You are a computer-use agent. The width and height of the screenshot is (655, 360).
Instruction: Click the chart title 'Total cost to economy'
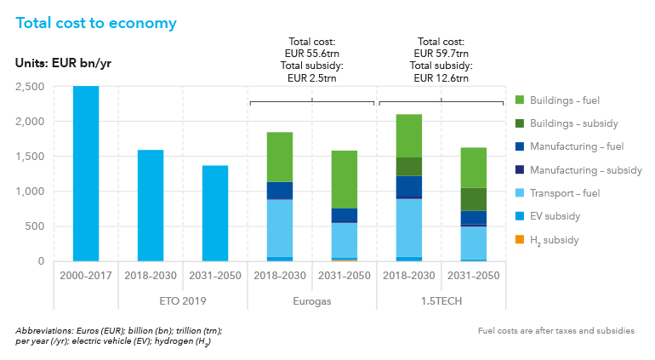coord(96,23)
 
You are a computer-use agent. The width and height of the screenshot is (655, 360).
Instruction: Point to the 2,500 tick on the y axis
coord(31,86)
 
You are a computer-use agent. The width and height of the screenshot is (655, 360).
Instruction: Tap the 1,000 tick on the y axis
coord(31,191)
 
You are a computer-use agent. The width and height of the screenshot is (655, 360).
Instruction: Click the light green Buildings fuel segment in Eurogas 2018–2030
coord(280,157)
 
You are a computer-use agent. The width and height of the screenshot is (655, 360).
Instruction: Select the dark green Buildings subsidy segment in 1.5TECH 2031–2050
coord(473,199)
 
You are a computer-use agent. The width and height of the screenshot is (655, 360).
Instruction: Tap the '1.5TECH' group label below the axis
coord(440,300)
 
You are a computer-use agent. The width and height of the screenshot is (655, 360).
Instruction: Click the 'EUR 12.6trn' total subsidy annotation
coord(441,78)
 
